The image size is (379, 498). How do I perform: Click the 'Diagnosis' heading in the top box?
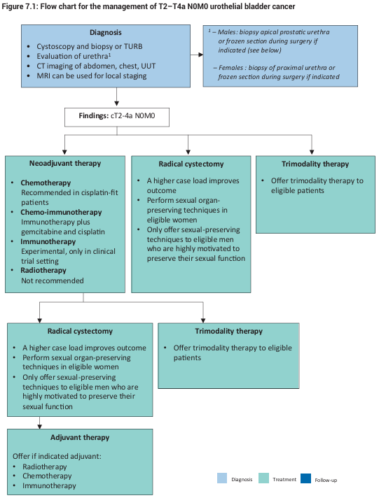tap(106, 32)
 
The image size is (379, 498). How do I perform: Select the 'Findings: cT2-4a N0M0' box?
tap(117, 118)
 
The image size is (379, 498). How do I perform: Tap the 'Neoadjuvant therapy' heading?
tap(65, 163)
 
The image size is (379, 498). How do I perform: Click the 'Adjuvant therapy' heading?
tap(80, 437)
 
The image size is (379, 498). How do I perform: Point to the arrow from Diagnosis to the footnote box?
tap(197, 55)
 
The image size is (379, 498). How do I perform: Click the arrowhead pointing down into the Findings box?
tap(117, 104)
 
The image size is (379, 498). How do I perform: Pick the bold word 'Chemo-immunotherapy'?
tap(61, 212)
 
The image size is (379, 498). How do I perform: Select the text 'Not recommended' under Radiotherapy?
tap(53, 280)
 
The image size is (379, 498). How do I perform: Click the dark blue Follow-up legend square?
tap(306, 478)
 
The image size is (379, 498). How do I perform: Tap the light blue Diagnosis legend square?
tap(222, 478)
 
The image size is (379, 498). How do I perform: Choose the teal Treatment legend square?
tap(263, 478)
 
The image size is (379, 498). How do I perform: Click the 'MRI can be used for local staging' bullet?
tap(92, 76)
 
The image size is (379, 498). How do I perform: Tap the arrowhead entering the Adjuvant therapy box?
tap(39, 427)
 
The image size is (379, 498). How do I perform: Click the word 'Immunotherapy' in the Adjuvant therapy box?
tap(49, 486)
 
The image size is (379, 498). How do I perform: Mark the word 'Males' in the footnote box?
tap(228, 32)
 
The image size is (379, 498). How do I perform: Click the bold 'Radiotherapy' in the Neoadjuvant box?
tap(43, 270)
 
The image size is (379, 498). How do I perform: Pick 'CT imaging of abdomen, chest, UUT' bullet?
tap(96, 66)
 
